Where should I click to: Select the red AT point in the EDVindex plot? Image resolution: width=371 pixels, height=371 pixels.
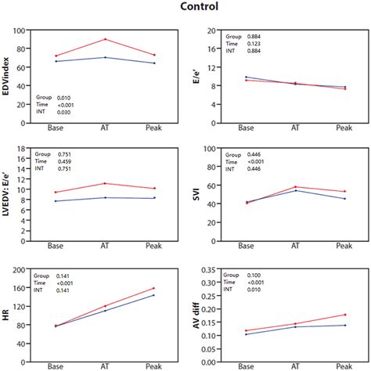tap(105, 39)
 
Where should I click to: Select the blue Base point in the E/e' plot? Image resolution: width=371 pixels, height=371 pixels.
tap(246, 77)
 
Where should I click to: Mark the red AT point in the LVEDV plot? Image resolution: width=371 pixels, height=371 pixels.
tap(105, 183)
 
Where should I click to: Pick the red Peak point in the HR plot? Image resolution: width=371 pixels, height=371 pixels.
tap(154, 288)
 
